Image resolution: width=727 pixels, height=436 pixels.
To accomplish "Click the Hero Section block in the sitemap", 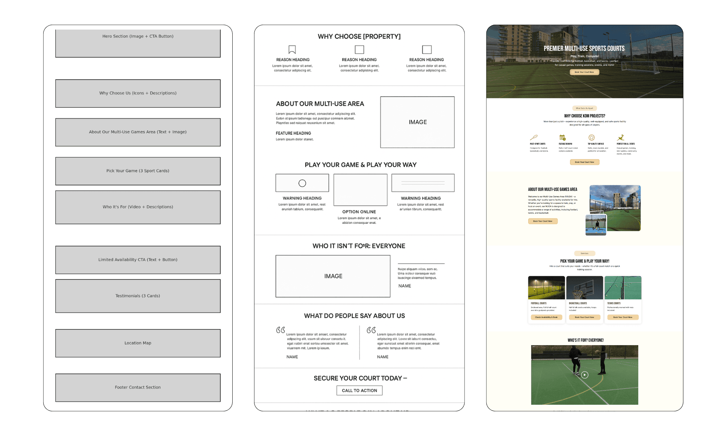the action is (138, 43).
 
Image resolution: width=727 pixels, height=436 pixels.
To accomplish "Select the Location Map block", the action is (138, 343).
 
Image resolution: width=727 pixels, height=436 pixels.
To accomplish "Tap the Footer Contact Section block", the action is (138, 387).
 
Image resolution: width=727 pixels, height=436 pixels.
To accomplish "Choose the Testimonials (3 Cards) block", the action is (138, 296).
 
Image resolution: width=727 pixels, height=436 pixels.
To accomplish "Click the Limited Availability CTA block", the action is (138, 260).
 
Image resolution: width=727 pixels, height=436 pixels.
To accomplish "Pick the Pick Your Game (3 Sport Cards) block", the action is (138, 171).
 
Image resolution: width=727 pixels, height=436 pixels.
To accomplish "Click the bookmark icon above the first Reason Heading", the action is (292, 49).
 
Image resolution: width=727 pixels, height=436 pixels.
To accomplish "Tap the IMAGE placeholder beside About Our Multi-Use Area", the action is (417, 122).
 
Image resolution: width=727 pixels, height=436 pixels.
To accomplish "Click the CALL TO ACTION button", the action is (359, 391).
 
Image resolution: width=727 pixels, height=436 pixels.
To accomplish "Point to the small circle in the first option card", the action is (302, 183).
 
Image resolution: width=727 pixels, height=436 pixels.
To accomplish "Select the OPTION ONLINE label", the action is (359, 212).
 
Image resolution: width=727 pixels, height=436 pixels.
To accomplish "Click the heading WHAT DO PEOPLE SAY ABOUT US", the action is (354, 316).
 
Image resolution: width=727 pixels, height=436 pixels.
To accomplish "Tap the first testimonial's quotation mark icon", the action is (280, 330).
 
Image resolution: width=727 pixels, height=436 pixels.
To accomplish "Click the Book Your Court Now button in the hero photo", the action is (584, 72).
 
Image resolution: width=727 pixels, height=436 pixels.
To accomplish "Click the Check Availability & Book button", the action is (546, 317).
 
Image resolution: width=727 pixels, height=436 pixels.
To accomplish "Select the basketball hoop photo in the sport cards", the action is (585, 287).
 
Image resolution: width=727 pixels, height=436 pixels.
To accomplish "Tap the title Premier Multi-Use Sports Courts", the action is (584, 48).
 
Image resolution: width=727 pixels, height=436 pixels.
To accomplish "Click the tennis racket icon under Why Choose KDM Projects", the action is (534, 137).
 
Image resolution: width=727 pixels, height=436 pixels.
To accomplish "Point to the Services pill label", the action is (585, 253).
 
